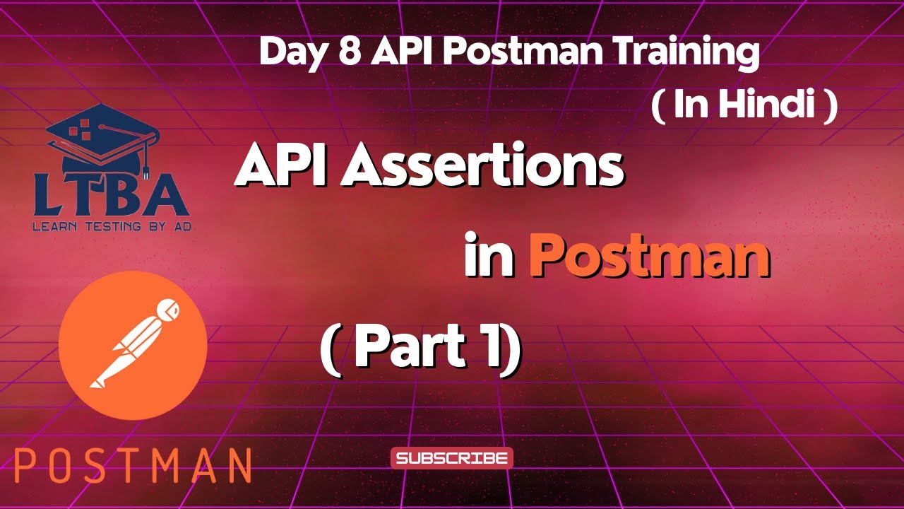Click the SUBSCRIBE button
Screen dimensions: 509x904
coord(452,458)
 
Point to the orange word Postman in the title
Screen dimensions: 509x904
coord(649,258)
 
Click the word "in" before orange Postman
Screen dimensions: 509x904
coord(488,258)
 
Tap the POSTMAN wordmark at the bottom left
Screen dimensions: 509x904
coord(133,465)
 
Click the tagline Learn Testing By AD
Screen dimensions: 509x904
coord(112,228)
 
